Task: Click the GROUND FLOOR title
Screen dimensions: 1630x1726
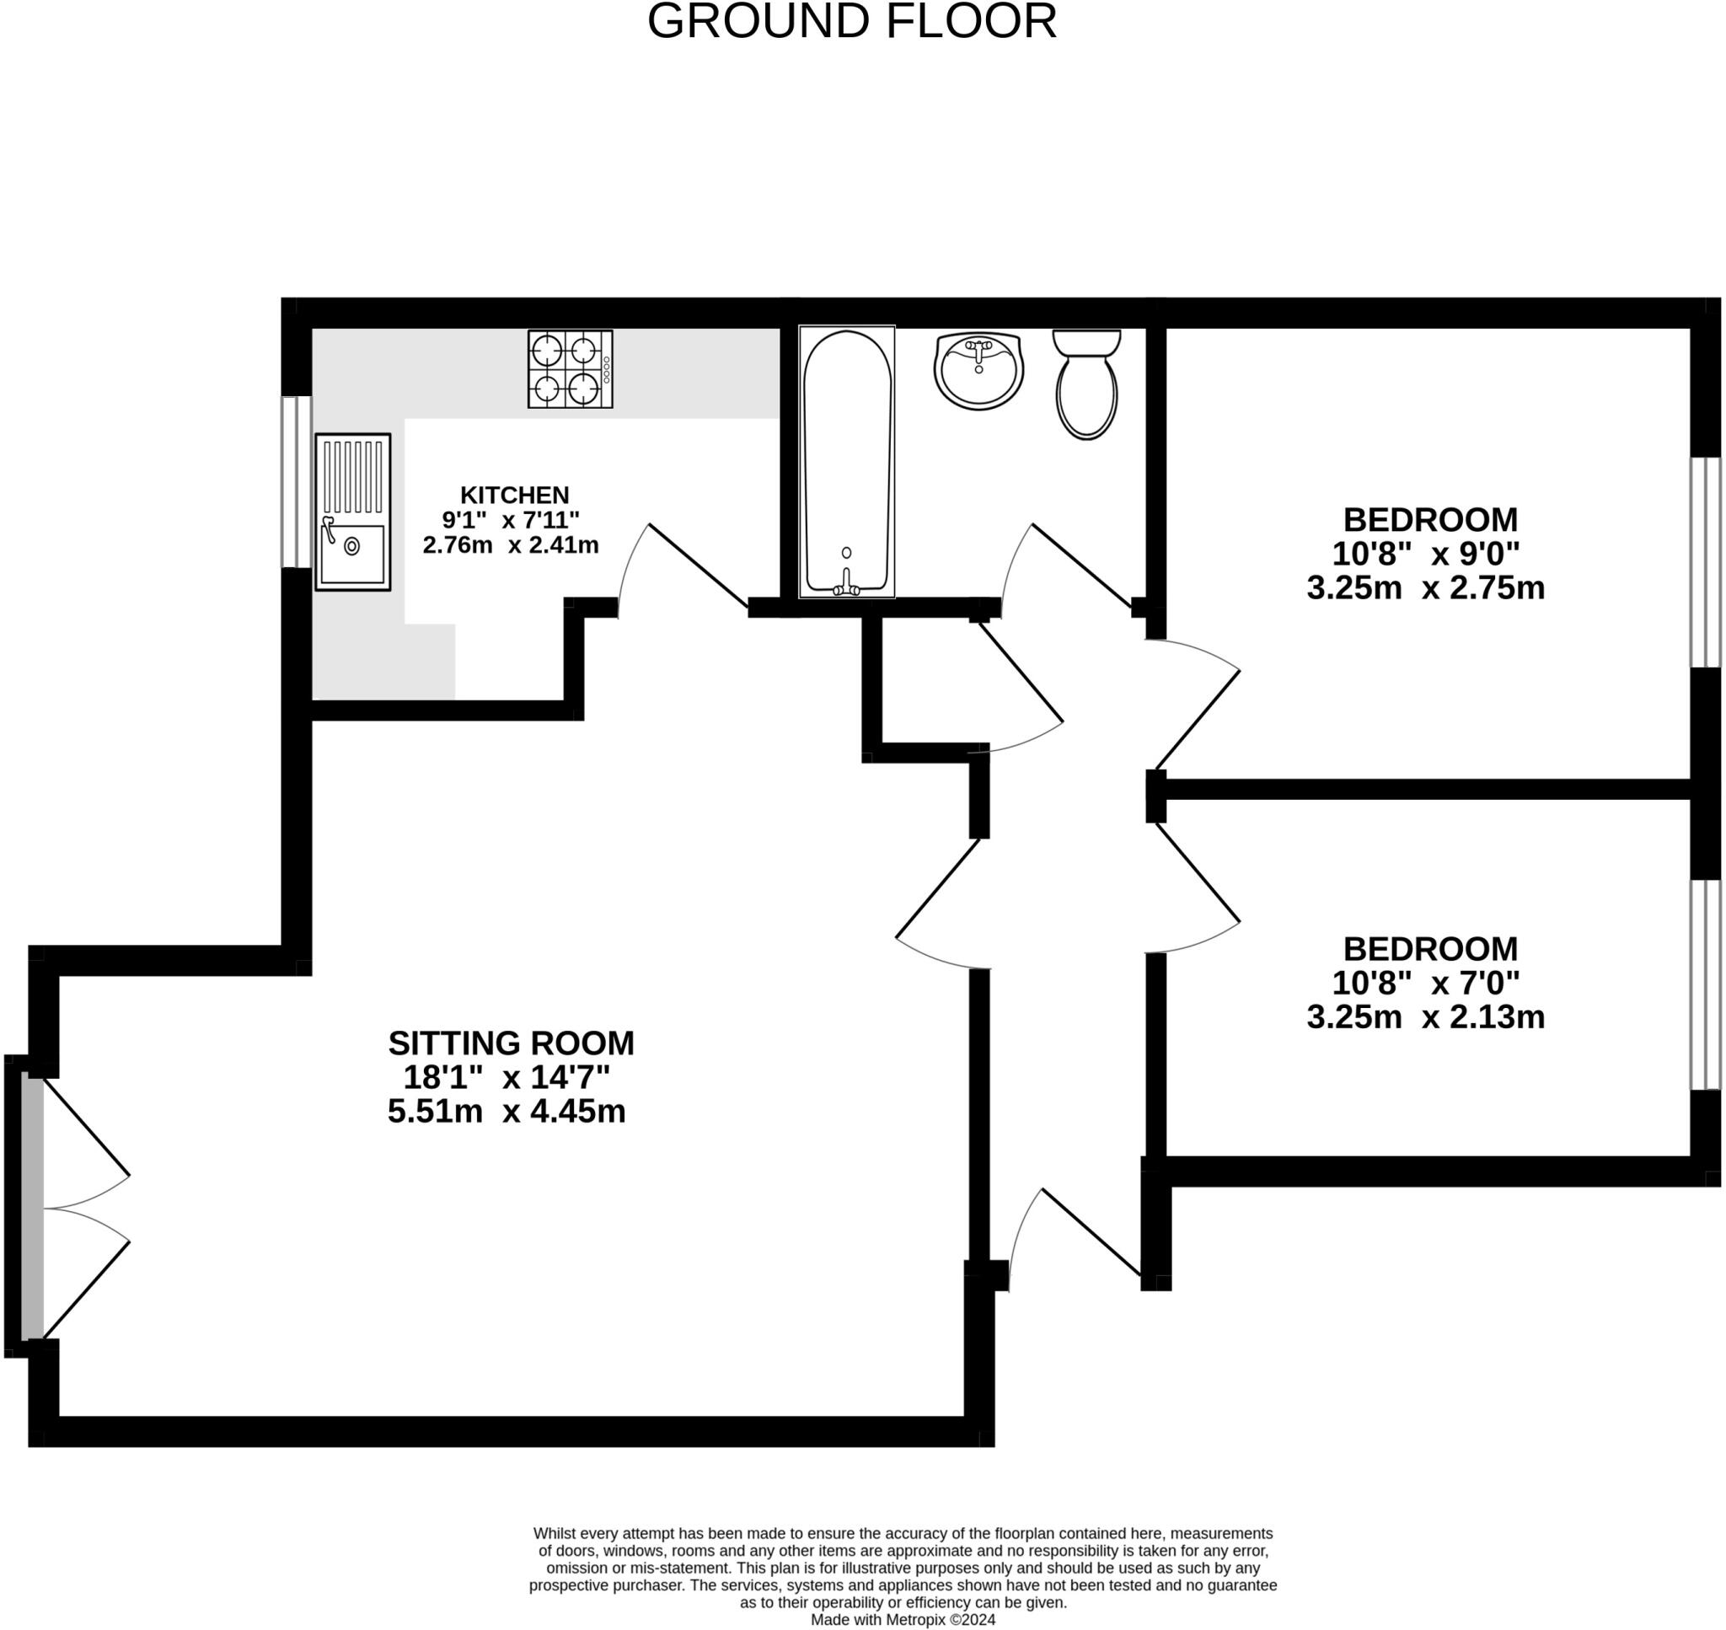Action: coord(851,22)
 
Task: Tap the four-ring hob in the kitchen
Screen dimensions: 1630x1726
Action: coord(570,368)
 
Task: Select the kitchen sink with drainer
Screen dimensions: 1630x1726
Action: coord(352,512)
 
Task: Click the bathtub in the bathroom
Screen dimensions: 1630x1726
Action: coord(846,462)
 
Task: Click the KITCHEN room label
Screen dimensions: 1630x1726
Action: coord(514,496)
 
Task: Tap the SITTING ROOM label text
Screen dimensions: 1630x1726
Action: coord(511,1043)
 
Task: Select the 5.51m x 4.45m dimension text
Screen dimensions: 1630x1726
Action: coord(507,1112)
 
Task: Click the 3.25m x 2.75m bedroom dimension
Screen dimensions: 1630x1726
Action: coord(1425,588)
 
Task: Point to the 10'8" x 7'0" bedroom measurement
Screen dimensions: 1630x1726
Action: coord(1425,983)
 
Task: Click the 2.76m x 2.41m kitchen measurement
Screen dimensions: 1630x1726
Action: coord(511,545)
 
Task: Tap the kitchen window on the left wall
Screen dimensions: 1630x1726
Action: coord(297,482)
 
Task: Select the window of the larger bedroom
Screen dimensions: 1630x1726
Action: coord(1705,563)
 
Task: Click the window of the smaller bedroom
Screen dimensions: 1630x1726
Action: coord(1705,984)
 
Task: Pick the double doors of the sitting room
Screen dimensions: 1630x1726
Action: coord(78,1209)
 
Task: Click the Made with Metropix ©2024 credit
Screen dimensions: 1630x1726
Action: coord(903,1620)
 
